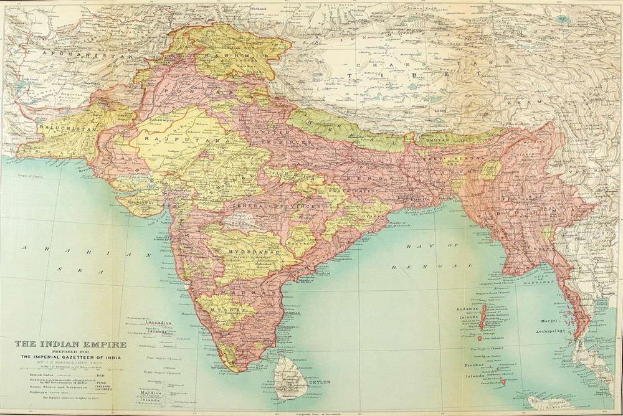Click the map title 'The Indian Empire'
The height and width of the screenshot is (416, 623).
(x=70, y=344)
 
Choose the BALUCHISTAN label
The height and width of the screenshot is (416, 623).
(x=60, y=128)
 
